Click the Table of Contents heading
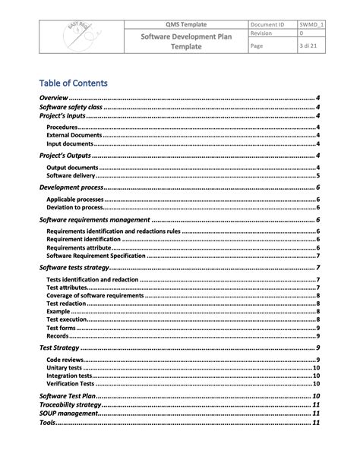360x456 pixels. pos(73,83)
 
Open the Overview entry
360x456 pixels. pos(54,99)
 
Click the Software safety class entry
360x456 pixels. pos(71,108)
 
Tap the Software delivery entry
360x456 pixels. pos(71,175)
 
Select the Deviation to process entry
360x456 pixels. pos(75,206)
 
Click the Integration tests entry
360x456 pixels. pos(69,375)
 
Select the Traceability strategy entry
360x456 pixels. pos(70,405)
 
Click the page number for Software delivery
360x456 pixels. pos(317,175)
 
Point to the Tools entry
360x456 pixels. pos(47,423)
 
